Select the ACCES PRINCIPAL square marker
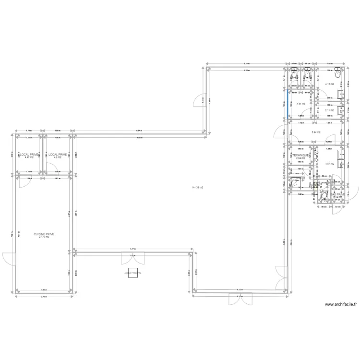(x=132, y=273)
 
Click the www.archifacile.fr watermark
(x=341, y=304)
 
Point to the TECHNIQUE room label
(x=300, y=156)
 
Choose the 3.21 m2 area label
(x=301, y=104)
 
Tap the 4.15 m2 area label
(x=329, y=84)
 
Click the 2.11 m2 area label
(x=329, y=110)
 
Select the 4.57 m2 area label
(x=329, y=164)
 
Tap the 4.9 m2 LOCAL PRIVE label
(x=57, y=156)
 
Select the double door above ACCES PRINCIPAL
(x=132, y=258)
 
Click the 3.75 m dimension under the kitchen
(x=44, y=297)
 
